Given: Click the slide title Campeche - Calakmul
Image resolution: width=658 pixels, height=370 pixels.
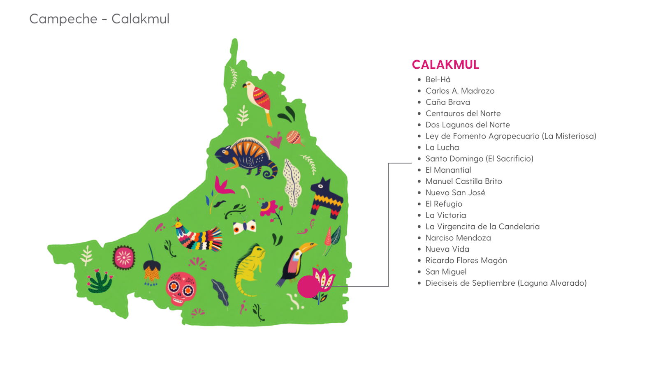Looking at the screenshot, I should [99, 19].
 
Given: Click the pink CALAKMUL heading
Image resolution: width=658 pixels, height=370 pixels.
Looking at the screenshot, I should [445, 65].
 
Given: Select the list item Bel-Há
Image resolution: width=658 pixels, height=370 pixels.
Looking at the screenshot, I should [438, 80].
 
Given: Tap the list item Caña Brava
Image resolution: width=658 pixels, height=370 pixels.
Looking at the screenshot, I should [447, 102].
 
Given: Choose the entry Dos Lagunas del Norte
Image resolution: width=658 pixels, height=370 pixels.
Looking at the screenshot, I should [468, 125].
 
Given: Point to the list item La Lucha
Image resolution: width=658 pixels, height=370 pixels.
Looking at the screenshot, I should [442, 148].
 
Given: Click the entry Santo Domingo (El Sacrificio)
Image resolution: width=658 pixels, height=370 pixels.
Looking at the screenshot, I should [479, 159].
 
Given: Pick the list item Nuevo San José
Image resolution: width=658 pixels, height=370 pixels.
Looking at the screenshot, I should [455, 193].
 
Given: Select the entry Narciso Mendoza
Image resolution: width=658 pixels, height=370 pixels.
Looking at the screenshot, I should [458, 238].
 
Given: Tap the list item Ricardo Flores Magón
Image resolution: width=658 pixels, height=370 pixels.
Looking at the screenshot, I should [466, 261].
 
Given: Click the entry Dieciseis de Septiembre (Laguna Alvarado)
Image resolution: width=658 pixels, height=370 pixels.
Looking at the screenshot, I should [506, 283].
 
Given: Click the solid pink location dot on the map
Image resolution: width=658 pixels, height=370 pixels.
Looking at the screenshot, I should [308, 287].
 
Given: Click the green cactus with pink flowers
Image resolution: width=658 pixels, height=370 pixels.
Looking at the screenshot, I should [100, 281].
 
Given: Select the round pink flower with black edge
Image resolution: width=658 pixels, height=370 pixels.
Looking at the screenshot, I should [124, 258].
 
